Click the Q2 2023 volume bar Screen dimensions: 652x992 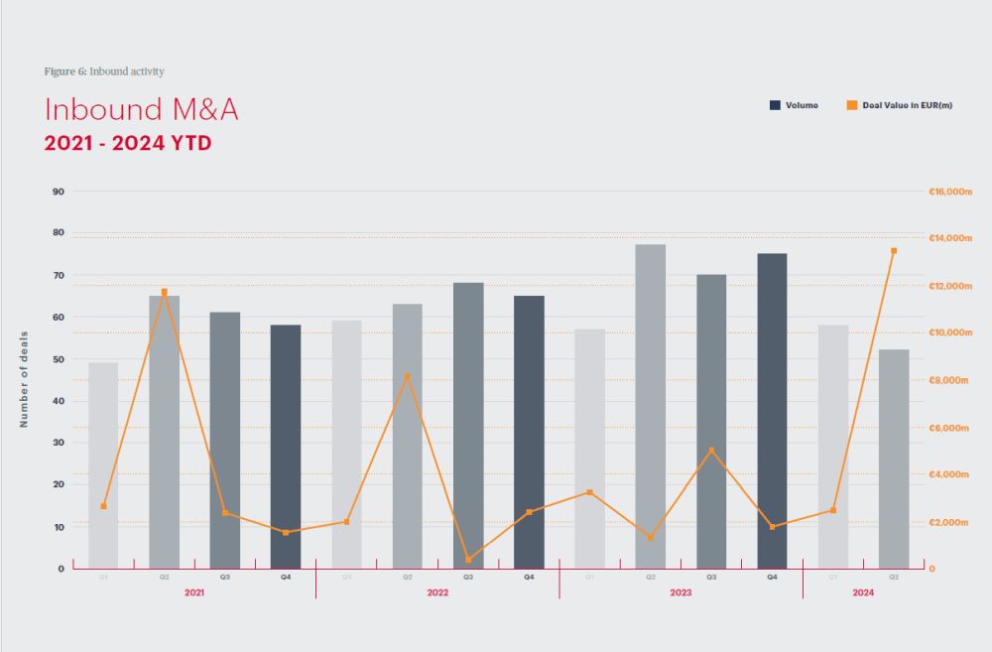pos(650,406)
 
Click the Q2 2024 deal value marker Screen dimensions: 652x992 pos(894,251)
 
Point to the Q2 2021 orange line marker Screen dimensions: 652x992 pos(165,292)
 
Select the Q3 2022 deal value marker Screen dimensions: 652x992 pos(468,560)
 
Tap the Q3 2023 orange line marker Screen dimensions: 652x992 pos(711,451)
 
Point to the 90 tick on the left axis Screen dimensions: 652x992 pos(59,192)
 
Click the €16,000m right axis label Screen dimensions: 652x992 pos(948,192)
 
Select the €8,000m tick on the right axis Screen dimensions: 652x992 pos(948,380)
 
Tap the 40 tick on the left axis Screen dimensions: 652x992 pos(59,401)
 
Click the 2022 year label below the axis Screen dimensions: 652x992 pos(437,592)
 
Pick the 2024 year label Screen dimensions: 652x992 pos(863,592)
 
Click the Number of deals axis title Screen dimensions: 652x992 pos(25,379)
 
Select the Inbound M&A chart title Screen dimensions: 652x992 pos(141,110)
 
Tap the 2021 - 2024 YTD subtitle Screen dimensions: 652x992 pos(128,142)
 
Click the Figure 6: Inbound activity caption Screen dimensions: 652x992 pos(104,71)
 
